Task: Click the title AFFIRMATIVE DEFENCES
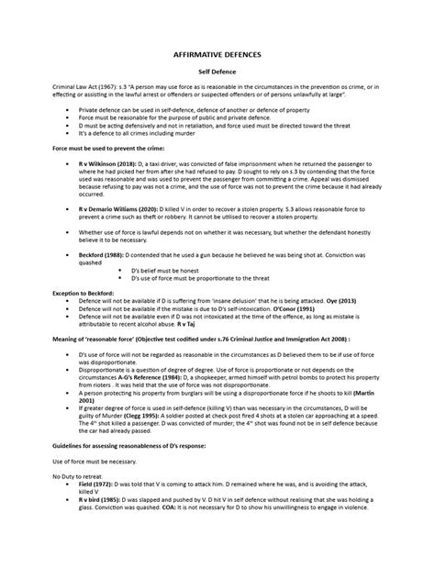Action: pyautogui.click(x=217, y=54)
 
